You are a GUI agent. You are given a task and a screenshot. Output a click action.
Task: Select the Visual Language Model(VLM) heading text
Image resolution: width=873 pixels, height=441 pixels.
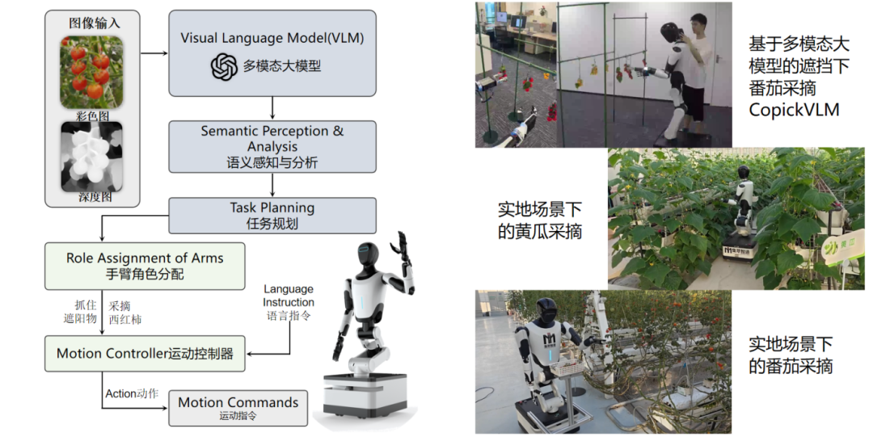(x=272, y=38)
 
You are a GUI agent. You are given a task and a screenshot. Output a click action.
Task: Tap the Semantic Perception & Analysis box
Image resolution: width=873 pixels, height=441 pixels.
(x=272, y=146)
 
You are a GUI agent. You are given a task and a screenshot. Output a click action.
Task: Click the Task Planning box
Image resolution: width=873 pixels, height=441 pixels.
(x=272, y=215)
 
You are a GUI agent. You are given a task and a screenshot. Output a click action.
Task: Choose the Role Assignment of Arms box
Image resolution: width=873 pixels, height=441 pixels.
(x=145, y=266)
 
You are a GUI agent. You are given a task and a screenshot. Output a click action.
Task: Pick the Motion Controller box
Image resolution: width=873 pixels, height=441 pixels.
(x=145, y=353)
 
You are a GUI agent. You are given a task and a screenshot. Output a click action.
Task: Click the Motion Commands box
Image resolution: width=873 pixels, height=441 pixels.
(x=238, y=407)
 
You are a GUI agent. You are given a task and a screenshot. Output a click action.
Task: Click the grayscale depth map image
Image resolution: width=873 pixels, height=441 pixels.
(x=91, y=157)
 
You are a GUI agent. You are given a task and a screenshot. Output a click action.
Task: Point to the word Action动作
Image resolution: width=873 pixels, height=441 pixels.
(x=132, y=393)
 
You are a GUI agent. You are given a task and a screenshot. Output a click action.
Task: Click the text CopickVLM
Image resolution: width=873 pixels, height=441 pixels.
(x=794, y=109)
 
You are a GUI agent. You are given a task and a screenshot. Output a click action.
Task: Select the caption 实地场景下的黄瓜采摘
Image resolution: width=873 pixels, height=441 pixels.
(x=540, y=220)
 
